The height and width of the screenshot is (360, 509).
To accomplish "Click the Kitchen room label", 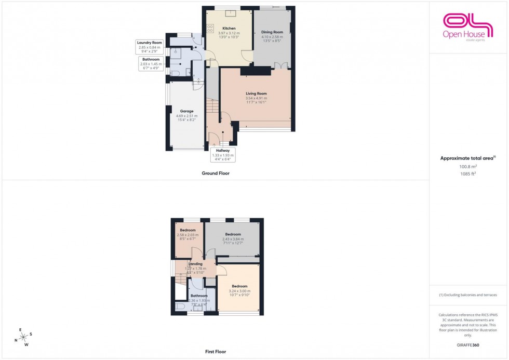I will pyautogui.click(x=229, y=28).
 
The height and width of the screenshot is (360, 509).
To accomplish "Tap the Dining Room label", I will pyautogui.click(x=272, y=32).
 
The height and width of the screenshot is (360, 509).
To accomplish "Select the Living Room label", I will pyautogui.click(x=256, y=94).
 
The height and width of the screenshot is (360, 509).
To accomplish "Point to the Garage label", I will pyautogui.click(x=186, y=111).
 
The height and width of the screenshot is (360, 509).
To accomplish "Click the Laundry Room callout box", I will pyautogui.click(x=149, y=47).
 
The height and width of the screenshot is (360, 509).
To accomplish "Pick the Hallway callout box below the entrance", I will pyautogui.click(x=223, y=155).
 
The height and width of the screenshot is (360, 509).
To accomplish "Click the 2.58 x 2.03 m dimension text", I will pyautogui.click(x=187, y=235).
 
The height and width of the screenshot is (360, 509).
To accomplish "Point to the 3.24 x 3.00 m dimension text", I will pyautogui.click(x=239, y=291).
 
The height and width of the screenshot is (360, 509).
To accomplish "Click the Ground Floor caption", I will pyautogui.click(x=216, y=174).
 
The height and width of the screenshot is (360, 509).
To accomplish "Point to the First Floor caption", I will pyautogui.click(x=216, y=352).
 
